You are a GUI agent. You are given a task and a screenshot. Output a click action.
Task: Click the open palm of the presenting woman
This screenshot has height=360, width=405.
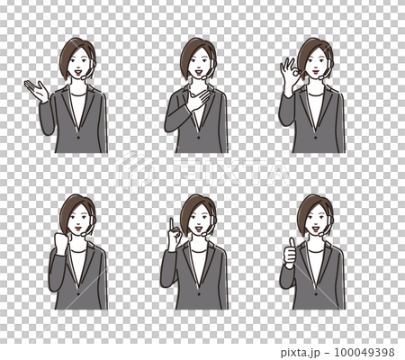coord(37,91)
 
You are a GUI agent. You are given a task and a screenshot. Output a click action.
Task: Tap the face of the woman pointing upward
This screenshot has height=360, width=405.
coord(196,219)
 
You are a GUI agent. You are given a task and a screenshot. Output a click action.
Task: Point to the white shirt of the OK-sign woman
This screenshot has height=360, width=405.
coord(315,108)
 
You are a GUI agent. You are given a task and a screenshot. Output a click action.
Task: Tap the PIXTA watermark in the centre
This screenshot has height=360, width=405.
coord(202,171)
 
